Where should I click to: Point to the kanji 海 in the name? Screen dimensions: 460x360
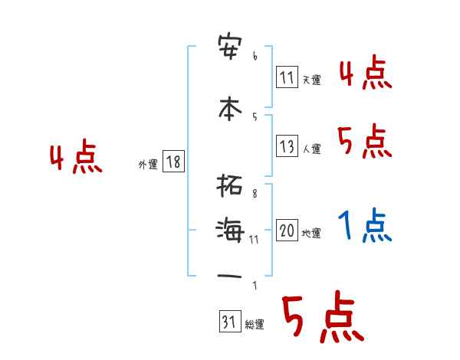tap(230, 227)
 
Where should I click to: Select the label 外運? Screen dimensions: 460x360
tap(147, 164)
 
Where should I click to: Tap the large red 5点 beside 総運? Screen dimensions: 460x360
tap(320, 318)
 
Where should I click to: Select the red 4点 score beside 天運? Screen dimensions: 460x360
tap(365, 73)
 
